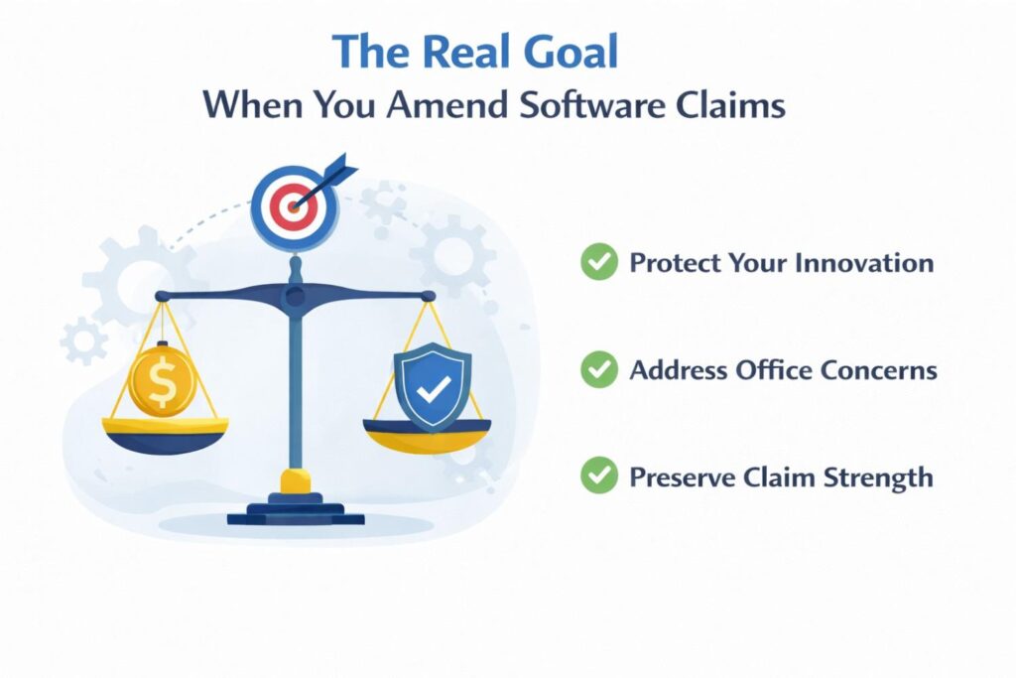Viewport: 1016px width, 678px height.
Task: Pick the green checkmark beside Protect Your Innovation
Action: (x=598, y=263)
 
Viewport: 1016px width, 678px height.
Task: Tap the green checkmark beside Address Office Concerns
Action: (x=598, y=370)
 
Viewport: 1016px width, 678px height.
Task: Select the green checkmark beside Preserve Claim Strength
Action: (x=598, y=476)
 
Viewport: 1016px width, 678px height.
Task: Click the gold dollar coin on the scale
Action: (x=162, y=379)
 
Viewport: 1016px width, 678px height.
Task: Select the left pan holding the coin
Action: (x=165, y=433)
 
